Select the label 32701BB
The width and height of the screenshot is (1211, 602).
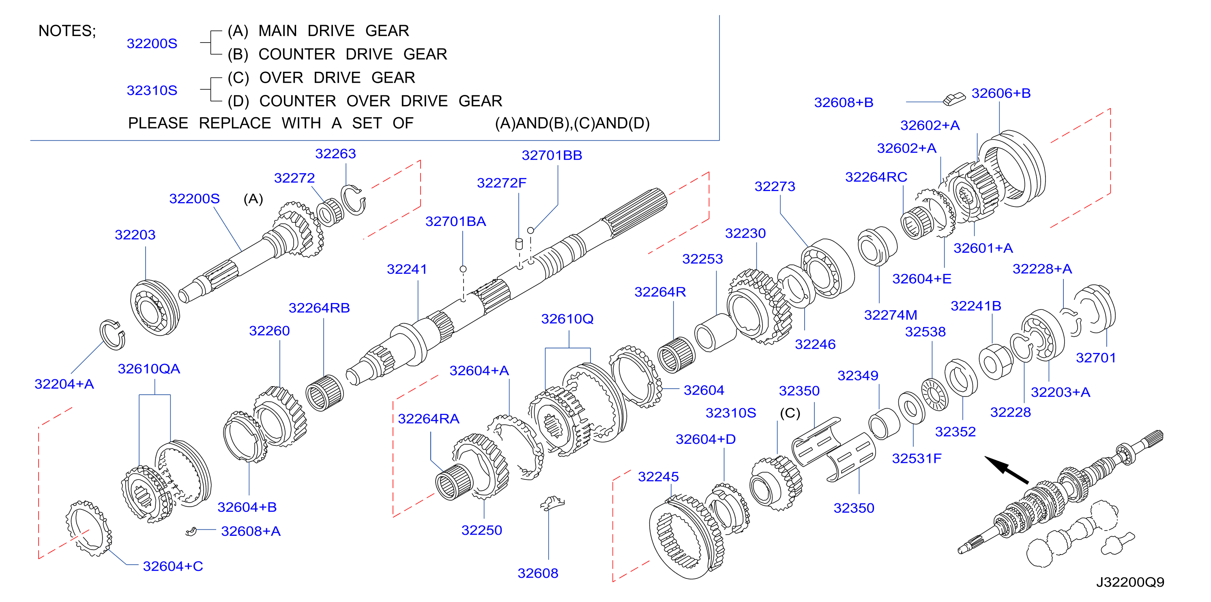(x=552, y=155)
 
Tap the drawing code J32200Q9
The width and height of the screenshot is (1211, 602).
(x=1130, y=582)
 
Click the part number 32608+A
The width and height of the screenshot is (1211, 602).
(x=251, y=531)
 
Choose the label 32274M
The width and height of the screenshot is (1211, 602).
(x=890, y=315)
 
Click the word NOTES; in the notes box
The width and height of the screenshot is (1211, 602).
(x=67, y=31)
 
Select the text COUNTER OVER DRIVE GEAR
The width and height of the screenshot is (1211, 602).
(x=381, y=101)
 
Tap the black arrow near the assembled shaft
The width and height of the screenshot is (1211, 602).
(x=1006, y=470)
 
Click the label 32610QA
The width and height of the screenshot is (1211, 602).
(x=148, y=369)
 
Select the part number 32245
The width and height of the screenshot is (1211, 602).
(x=658, y=477)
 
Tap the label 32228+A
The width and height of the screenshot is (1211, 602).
(x=1042, y=269)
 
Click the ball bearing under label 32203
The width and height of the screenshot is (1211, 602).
(x=155, y=307)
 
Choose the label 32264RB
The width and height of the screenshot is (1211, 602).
(x=319, y=308)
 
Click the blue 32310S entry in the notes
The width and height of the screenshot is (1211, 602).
(x=152, y=90)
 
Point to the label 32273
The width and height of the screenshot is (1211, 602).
(x=775, y=187)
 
